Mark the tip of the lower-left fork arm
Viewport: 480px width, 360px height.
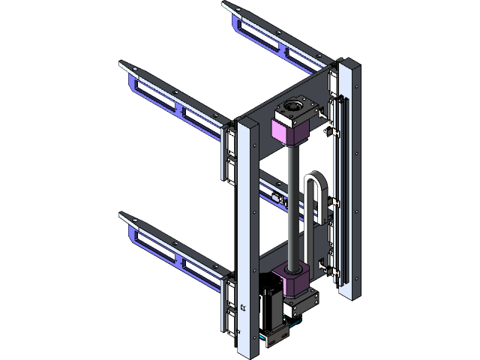(x=124, y=215)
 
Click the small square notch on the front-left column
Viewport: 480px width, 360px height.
(x=243, y=306)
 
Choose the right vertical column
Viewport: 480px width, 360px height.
(x=349, y=180)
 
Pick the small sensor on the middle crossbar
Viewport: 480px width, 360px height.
(x=280, y=199)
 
